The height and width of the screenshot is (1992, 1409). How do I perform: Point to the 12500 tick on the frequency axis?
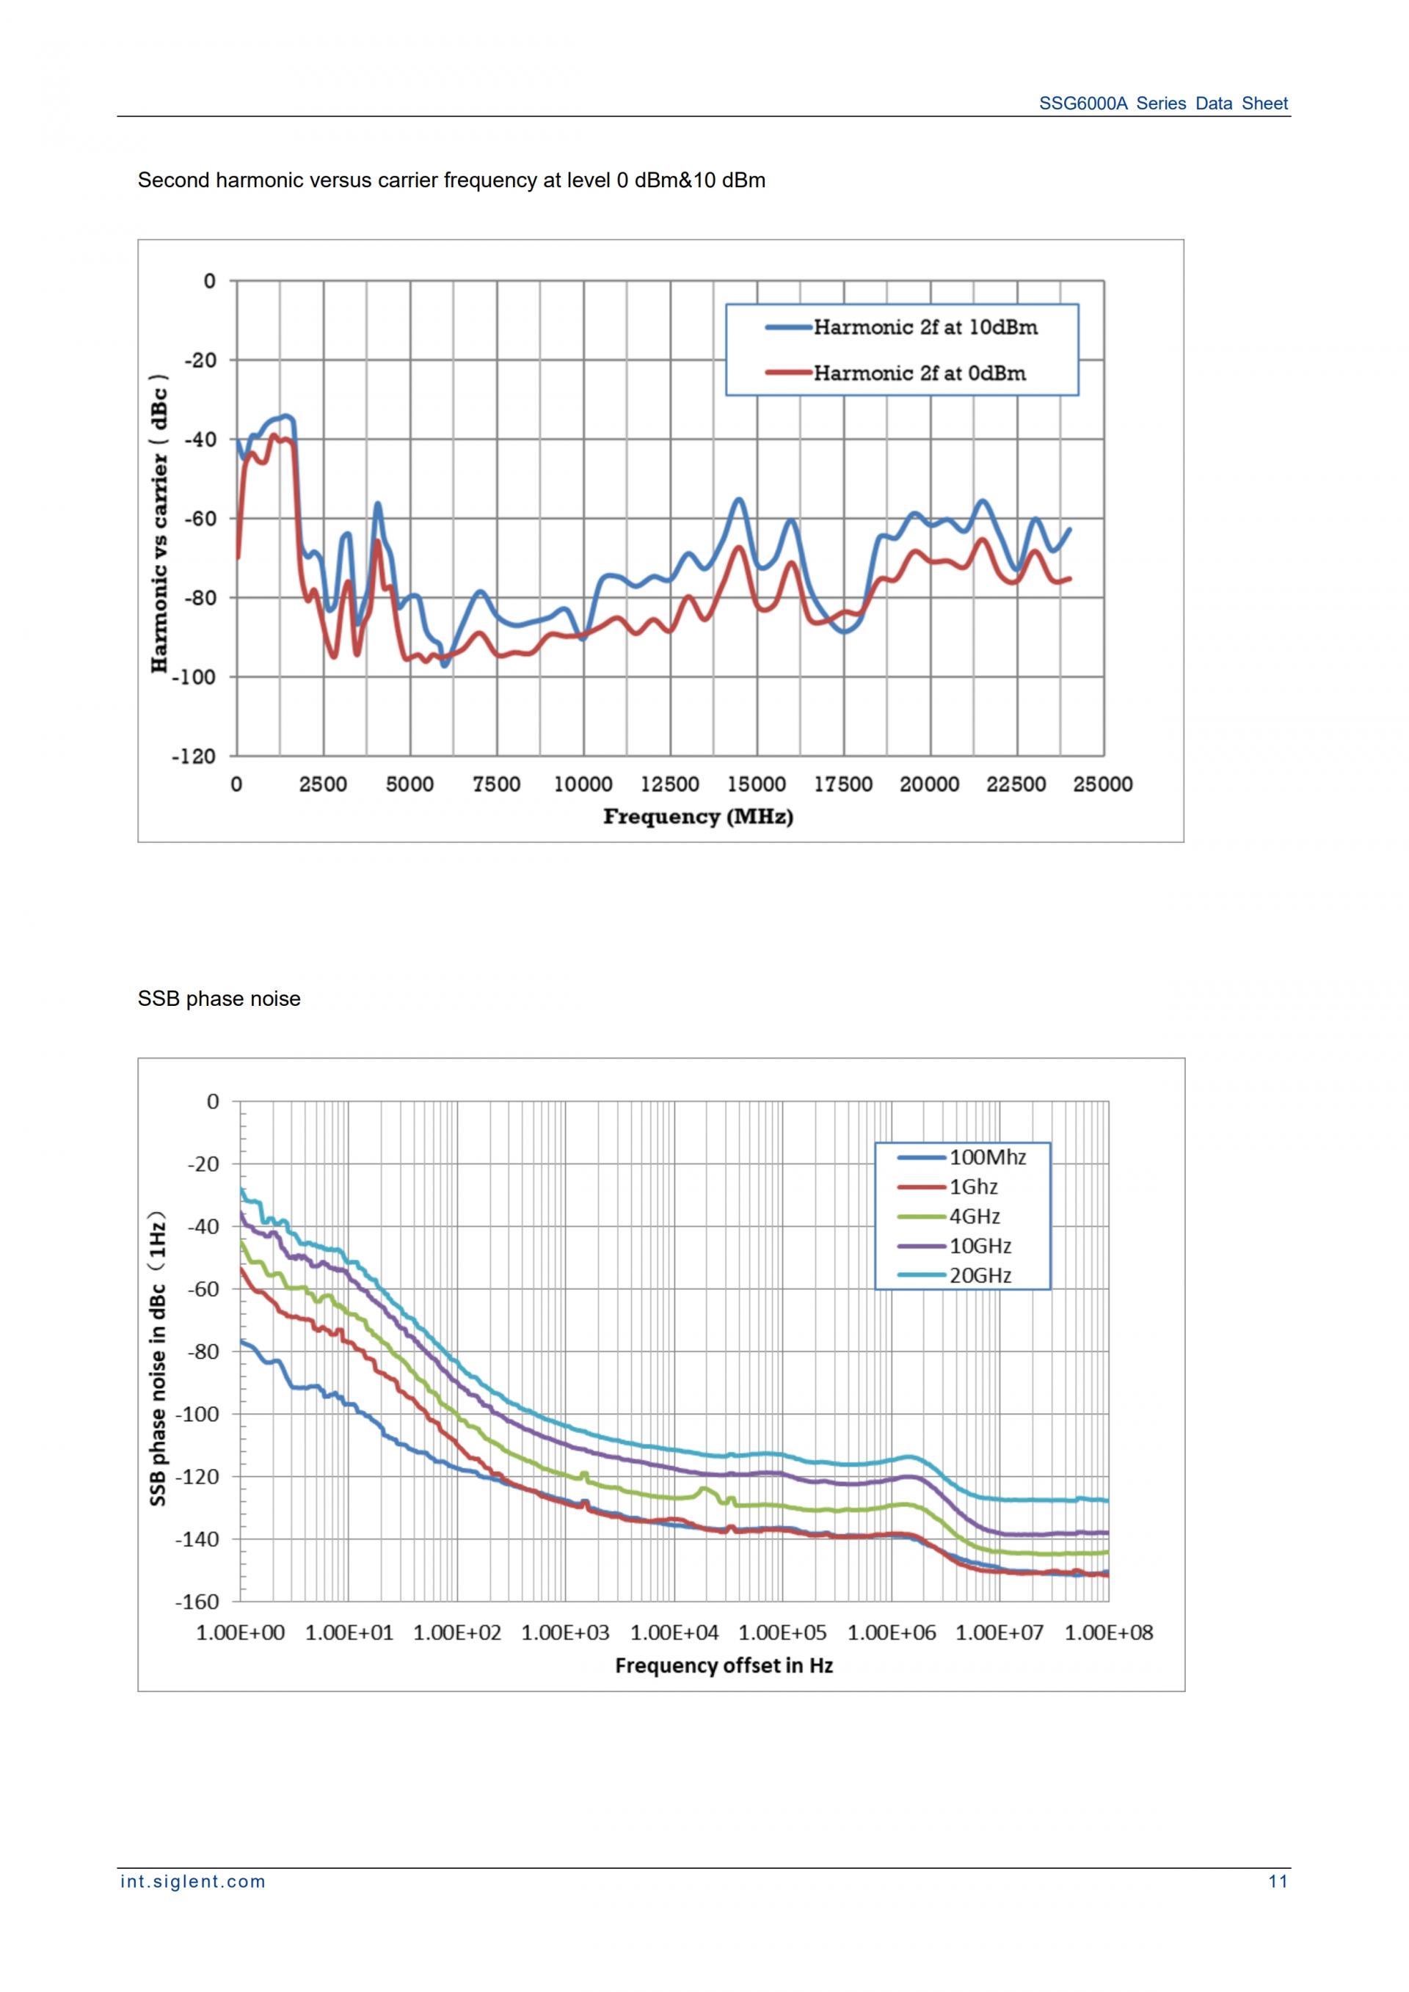[670, 784]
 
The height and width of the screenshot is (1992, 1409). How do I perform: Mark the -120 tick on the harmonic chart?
[194, 756]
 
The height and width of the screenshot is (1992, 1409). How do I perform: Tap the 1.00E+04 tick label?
[674, 1632]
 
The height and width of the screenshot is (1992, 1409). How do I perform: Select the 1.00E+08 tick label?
[1109, 1632]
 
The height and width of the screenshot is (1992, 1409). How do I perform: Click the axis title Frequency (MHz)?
[699, 817]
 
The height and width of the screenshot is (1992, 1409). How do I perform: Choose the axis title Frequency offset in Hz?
[724, 1666]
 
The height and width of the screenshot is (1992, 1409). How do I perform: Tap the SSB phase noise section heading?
[219, 999]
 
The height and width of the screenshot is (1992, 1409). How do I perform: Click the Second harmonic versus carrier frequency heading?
[451, 180]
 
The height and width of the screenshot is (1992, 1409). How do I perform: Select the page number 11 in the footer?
[1278, 1882]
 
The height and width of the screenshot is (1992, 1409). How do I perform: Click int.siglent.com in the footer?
[192, 1882]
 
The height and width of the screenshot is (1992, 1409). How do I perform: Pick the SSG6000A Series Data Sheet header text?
[1162, 103]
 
